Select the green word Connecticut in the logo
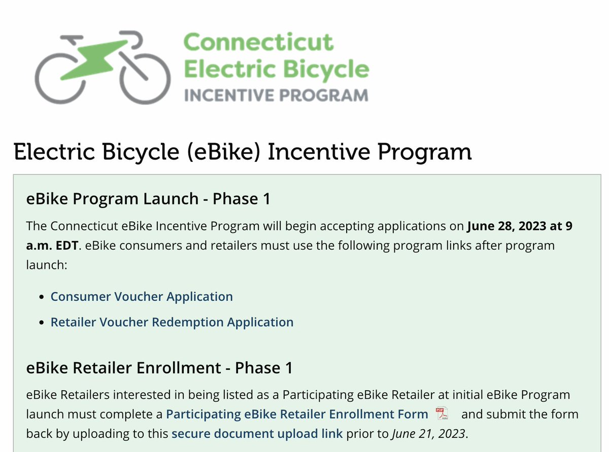258,42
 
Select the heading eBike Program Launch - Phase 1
148,199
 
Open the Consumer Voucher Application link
142,296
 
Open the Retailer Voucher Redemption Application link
172,322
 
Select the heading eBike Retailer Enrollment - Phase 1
159,368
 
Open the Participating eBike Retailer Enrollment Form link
297,414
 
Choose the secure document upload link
257,434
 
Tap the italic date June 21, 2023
428,434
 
